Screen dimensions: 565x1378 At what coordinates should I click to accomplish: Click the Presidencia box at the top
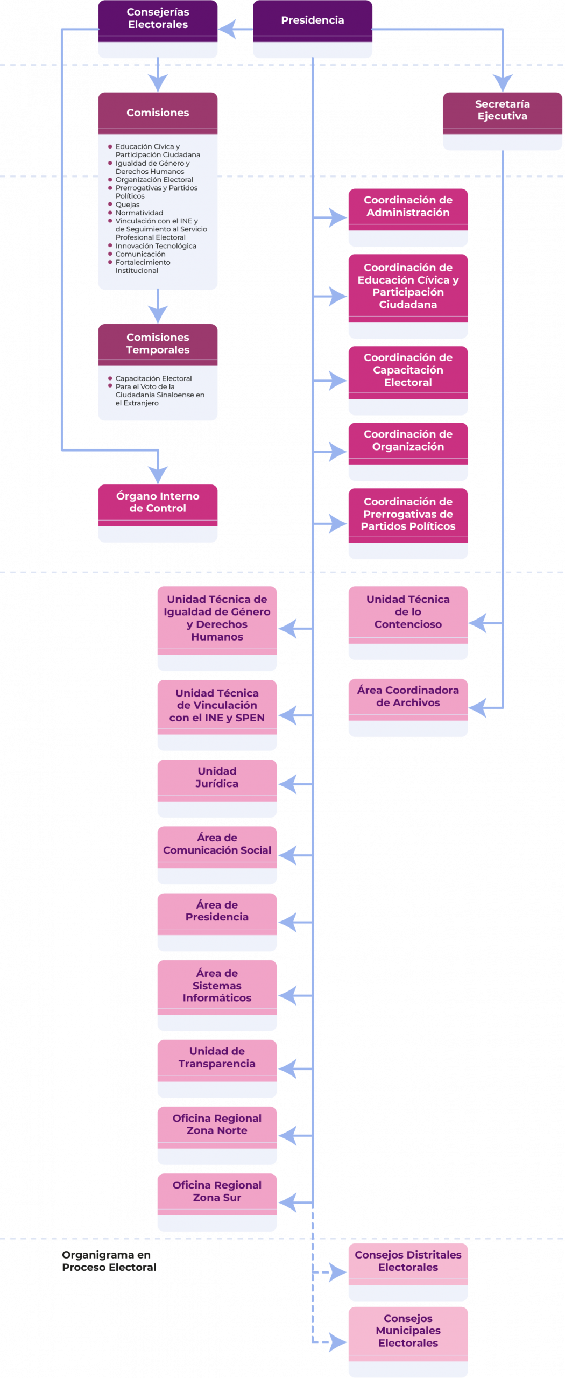tap(312, 29)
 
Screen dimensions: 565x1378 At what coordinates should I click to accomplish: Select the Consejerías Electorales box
tap(158, 29)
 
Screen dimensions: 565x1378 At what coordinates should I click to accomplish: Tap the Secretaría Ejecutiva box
tap(502, 121)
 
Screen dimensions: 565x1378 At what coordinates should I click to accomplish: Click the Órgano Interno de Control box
tap(158, 512)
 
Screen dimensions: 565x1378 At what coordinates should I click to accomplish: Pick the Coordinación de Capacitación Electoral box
tap(408, 380)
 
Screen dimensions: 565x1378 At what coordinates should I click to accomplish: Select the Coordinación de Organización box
tap(408, 451)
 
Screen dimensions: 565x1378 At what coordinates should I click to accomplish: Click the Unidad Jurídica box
tap(217, 788)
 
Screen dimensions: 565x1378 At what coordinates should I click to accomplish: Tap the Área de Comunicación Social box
tap(217, 854)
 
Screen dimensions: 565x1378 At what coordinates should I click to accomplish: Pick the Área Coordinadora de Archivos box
tap(408, 707)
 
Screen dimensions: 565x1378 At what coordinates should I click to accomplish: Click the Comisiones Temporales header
tap(158, 343)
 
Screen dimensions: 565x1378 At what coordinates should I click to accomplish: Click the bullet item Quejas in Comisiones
tap(128, 205)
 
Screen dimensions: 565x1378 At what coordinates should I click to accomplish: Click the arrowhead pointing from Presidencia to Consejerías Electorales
tap(227, 29)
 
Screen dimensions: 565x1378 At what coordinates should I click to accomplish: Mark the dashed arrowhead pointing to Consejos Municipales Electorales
tap(338, 1341)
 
